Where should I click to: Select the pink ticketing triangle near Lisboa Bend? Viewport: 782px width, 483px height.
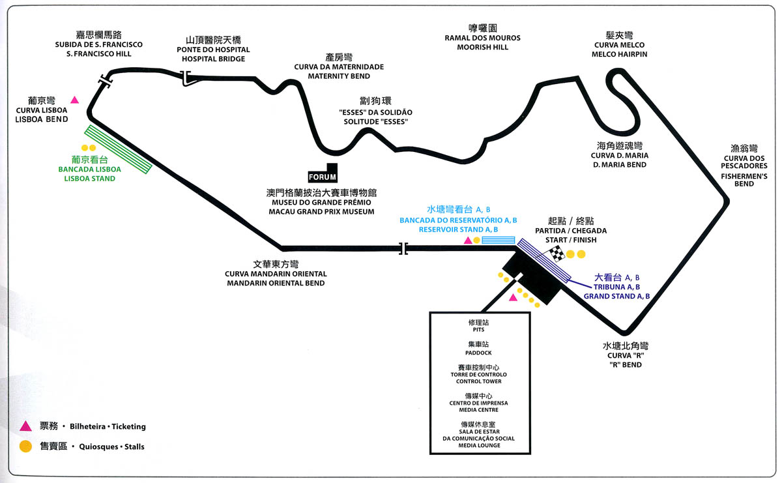click(75, 100)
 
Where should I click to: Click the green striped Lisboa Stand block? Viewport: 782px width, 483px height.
click(119, 149)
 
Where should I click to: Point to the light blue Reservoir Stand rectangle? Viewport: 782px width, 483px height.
click(498, 241)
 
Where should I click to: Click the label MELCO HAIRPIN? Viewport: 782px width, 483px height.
click(619, 54)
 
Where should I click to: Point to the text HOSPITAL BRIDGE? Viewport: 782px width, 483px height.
click(213, 59)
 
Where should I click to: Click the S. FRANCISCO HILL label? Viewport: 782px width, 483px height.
click(99, 54)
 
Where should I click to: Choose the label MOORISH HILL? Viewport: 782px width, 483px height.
click(482, 48)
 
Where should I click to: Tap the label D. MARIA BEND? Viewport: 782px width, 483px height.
click(619, 165)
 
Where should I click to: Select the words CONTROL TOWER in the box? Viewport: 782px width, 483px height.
click(479, 381)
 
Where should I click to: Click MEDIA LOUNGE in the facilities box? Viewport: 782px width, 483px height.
click(479, 445)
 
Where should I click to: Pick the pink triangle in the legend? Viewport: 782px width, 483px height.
click(25, 426)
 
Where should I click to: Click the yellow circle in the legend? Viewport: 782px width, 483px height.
click(25, 446)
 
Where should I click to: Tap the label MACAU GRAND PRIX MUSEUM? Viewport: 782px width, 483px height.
click(321, 212)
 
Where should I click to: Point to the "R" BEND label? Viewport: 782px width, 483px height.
click(625, 364)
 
